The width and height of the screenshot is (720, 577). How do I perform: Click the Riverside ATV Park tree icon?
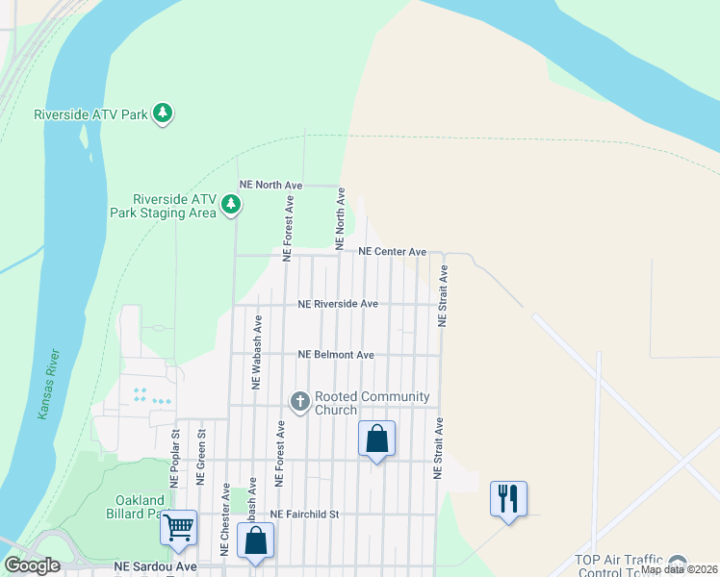click(164, 113)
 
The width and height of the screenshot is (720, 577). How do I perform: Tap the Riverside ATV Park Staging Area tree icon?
click(231, 204)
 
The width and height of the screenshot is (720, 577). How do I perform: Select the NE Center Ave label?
click(392, 252)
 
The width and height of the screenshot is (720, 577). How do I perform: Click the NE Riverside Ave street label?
click(338, 304)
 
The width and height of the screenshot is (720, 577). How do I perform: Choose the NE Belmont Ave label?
click(336, 355)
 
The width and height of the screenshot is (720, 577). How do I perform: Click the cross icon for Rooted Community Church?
click(299, 402)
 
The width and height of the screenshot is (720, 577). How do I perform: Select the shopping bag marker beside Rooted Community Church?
click(376, 439)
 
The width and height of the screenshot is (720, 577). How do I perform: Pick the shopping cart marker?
click(178, 528)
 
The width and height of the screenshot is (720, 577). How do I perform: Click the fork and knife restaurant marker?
click(508, 499)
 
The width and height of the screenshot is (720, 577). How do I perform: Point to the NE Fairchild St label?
click(305, 514)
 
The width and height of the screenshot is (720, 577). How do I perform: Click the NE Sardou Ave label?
click(155, 567)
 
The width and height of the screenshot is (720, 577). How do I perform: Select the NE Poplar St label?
click(176, 459)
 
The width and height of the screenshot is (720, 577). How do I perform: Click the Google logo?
click(32, 565)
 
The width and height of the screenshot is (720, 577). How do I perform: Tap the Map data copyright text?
click(680, 569)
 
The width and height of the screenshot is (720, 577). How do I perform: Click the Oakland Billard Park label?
click(138, 507)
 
